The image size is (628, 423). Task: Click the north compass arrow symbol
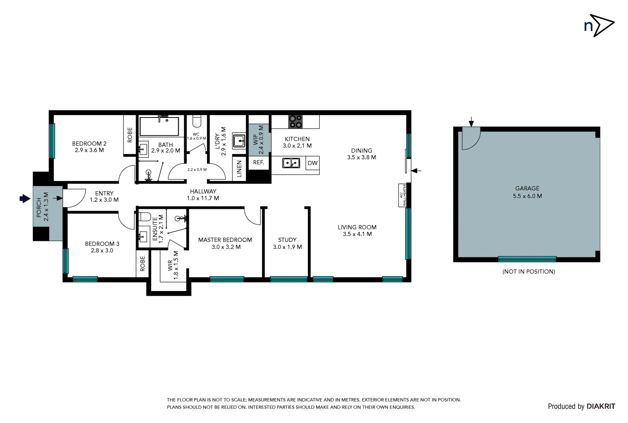point(602,25)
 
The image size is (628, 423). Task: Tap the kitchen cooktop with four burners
point(295,121)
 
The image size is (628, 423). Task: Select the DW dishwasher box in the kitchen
point(312,163)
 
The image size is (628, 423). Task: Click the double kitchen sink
point(291,163)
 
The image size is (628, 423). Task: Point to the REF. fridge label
point(259,163)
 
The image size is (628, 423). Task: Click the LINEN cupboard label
point(239,169)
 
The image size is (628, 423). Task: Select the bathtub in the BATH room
point(159,126)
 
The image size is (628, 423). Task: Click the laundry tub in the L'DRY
point(239,141)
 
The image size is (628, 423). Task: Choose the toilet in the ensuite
point(145,216)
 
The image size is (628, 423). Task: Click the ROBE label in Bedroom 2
point(130,134)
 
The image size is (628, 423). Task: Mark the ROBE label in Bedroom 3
point(142,264)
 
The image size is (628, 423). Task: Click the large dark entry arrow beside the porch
point(25,199)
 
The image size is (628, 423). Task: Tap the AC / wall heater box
point(402,195)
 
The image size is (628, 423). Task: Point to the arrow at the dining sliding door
point(416,171)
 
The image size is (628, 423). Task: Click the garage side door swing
point(470,139)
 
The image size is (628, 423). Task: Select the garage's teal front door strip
point(527,259)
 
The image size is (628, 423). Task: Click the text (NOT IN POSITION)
point(528,271)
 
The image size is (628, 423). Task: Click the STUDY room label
point(287,240)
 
